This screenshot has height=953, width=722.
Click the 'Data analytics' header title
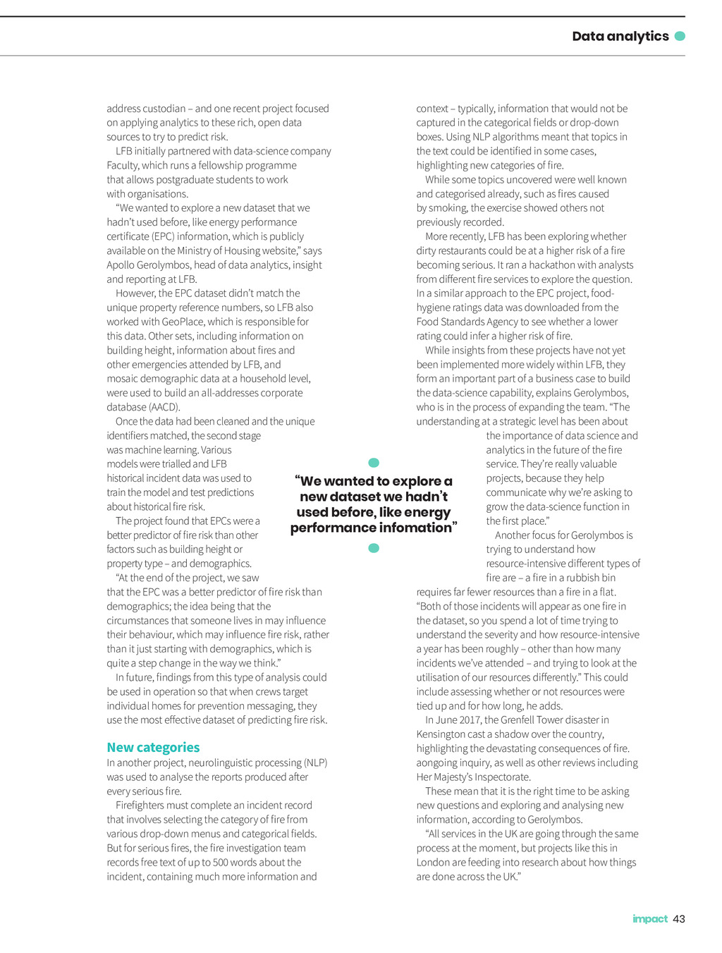pyautogui.click(x=620, y=36)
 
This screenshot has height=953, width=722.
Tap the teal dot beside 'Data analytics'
pyautogui.click(x=680, y=36)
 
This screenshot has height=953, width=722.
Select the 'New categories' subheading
pyautogui.click(x=153, y=747)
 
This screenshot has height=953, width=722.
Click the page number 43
pyautogui.click(x=679, y=918)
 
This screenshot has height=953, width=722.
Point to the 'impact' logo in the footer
pyautogui.click(x=649, y=918)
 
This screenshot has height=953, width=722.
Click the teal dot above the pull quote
pyautogui.click(x=374, y=463)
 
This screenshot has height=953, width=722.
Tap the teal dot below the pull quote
pyautogui.click(x=374, y=548)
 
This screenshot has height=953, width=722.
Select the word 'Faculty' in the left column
pyautogui.click(x=123, y=165)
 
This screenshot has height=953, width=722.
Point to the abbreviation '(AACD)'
pyautogui.click(x=164, y=407)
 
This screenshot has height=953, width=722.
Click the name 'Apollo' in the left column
pyautogui.click(x=123, y=265)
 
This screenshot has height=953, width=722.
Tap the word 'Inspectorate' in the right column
pyautogui.click(x=501, y=777)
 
